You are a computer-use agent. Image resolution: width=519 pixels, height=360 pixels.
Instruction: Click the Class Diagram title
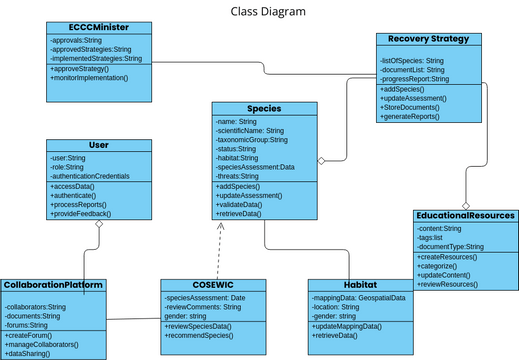[x=259, y=11]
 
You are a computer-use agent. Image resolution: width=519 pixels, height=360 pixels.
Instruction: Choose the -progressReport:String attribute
[x=416, y=78]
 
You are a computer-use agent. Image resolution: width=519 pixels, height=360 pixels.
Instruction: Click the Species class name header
[x=263, y=108]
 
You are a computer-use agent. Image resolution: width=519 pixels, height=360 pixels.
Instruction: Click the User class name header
[x=98, y=145]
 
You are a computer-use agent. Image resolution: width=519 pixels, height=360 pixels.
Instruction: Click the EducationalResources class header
[x=465, y=215]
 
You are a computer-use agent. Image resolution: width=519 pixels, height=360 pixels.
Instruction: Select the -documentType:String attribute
[x=450, y=246]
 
